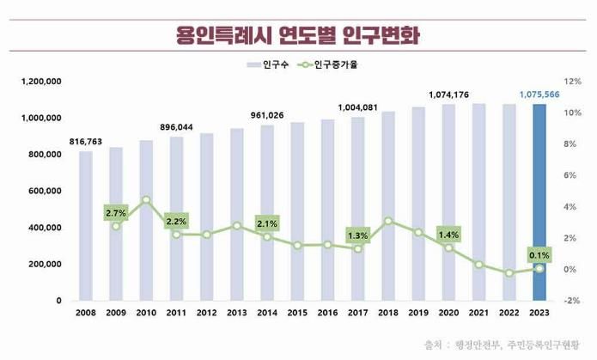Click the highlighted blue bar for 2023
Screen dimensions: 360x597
539,202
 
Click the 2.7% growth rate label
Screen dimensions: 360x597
116,212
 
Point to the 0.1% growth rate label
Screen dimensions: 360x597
539,255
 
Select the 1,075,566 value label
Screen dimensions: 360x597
539,95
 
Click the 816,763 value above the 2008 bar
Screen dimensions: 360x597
86,142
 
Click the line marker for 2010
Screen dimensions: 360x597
146,199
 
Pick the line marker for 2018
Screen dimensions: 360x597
388,221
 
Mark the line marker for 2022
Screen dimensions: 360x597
509,273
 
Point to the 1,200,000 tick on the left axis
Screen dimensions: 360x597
40,82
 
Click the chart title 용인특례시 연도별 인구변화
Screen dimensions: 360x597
298,35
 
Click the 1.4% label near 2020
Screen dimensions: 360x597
448,234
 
